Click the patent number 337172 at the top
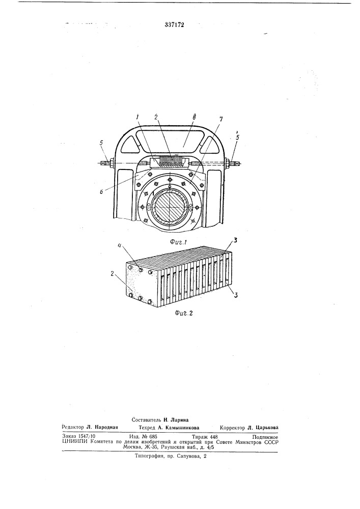(174, 24)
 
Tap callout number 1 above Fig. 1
(137, 116)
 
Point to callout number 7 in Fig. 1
(221, 120)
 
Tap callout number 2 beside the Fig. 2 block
(113, 274)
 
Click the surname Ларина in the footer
(178, 420)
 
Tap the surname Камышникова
(182, 428)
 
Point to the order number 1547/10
(84, 437)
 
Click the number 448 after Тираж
(213, 437)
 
